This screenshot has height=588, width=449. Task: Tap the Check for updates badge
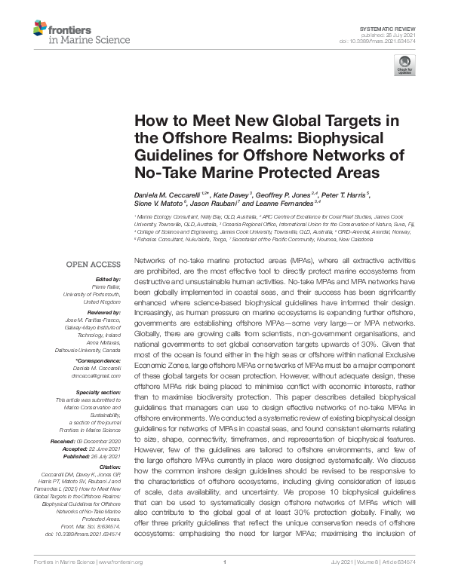(404, 68)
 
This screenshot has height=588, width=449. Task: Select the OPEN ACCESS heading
(93, 264)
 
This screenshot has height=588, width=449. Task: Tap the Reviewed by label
(103, 311)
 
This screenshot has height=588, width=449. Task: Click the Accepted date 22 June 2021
(103, 447)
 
